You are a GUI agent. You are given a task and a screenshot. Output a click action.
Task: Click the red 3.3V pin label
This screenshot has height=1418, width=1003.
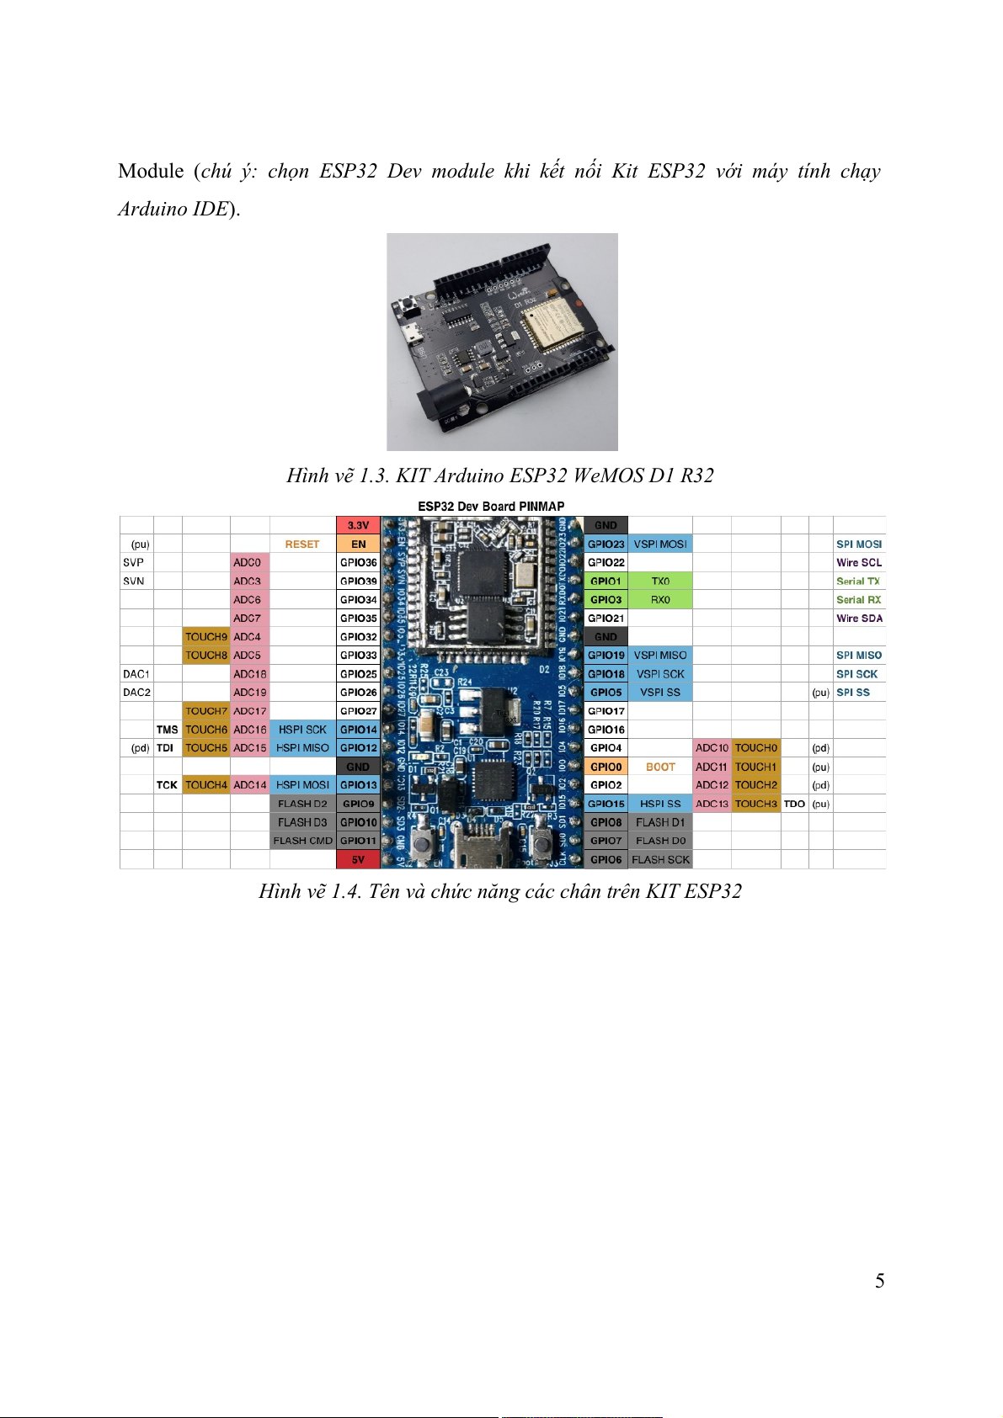click(x=358, y=525)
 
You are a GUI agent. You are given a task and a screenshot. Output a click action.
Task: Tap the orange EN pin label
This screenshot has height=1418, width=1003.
click(x=358, y=544)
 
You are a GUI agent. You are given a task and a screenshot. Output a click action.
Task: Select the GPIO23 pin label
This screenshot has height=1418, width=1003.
click(x=606, y=544)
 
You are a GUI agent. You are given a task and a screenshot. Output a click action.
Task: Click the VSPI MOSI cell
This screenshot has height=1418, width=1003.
click(x=660, y=544)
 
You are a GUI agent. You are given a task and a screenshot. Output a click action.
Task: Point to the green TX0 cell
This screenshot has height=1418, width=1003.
click(x=660, y=582)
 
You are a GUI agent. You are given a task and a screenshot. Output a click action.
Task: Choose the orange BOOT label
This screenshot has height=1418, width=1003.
click(x=660, y=767)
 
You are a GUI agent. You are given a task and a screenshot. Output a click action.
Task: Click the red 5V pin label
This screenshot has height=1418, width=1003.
click(x=358, y=859)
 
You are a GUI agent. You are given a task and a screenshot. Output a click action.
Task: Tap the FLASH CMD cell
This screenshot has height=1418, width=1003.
click(x=302, y=841)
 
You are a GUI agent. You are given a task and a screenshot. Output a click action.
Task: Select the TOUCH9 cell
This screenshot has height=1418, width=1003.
click(x=206, y=637)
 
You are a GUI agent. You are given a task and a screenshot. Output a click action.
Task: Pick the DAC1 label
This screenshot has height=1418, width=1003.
click(x=136, y=674)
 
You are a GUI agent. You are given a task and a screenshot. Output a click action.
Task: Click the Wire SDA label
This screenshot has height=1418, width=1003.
click(x=859, y=619)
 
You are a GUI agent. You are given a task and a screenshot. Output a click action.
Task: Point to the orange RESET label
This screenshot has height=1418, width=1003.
click(x=302, y=544)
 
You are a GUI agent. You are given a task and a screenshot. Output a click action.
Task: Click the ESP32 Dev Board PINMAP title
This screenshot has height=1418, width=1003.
click(x=491, y=507)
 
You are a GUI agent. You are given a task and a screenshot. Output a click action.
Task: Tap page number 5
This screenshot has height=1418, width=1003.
click(x=879, y=1281)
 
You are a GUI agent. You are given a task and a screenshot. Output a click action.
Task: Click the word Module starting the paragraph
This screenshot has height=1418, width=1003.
click(x=151, y=172)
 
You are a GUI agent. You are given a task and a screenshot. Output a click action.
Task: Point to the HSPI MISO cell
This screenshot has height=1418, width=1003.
click(x=302, y=748)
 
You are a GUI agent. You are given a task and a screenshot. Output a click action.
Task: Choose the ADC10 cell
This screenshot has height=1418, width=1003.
click(x=712, y=748)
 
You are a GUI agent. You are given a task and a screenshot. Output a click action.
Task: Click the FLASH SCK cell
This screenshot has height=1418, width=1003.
click(x=660, y=859)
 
